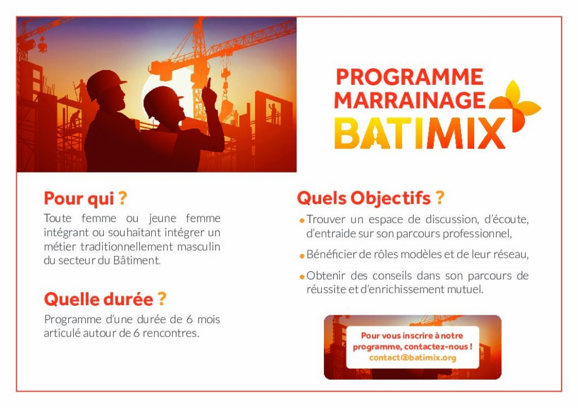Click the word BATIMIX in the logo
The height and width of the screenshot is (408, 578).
click(419, 133)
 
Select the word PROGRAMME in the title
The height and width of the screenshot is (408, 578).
click(410, 77)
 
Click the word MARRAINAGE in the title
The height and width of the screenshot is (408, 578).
click(410, 100)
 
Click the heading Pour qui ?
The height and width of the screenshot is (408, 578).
click(86, 198)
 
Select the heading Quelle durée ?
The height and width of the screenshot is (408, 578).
click(105, 299)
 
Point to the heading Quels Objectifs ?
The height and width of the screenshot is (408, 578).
click(370, 198)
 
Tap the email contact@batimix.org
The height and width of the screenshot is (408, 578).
click(413, 358)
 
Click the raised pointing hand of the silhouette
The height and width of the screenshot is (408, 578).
click(209, 92)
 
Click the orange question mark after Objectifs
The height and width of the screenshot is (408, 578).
click(440, 197)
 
